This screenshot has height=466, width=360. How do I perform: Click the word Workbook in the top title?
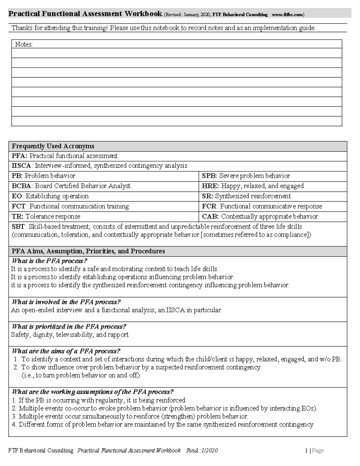[143, 14]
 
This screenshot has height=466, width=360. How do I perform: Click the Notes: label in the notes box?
[24, 44]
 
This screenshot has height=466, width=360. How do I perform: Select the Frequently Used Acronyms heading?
[53, 146]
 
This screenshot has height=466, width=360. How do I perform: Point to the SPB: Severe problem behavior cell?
[246, 176]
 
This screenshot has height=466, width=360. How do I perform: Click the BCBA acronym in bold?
[21, 186]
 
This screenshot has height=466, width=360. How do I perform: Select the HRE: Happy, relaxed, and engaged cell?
[253, 186]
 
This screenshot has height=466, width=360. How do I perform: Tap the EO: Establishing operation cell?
[50, 196]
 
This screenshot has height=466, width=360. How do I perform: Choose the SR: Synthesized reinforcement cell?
[246, 196]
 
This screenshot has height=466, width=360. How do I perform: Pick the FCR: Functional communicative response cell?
[262, 206]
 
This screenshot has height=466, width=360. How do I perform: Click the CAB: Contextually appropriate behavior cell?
[260, 217]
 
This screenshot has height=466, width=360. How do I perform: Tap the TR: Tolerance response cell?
[46, 217]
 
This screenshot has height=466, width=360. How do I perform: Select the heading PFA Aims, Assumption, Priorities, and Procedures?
[88, 251]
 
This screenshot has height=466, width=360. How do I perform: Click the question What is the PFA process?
[49, 261]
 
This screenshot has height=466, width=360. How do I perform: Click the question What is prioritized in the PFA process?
[69, 326]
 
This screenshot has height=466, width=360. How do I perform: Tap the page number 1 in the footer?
[306, 450]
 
